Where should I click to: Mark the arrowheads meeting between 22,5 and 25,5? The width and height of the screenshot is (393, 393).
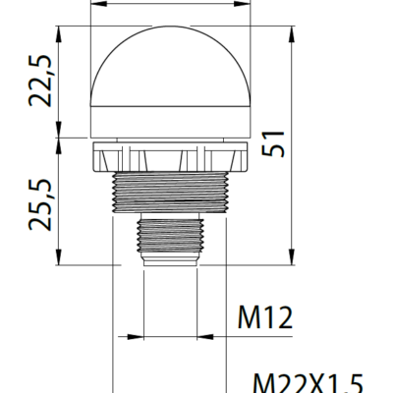(62, 138)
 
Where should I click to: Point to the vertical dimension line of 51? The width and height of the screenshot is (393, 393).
(292, 196)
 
